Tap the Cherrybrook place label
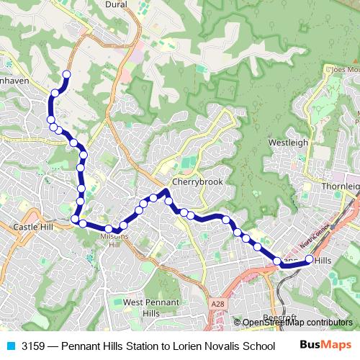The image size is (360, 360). (189, 181)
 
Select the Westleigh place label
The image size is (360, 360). (287, 143)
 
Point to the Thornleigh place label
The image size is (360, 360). (339, 186)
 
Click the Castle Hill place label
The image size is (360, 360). (33, 227)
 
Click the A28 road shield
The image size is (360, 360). (217, 305)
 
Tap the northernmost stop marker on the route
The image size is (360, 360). (67, 74)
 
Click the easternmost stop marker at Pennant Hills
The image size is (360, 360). (310, 259)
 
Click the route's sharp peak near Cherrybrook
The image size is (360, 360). (166, 191)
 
